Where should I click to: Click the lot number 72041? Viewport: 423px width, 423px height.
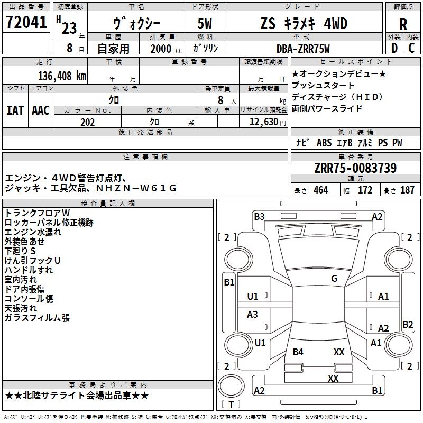coord(26,22)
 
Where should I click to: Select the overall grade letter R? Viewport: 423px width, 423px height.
coord(403,24)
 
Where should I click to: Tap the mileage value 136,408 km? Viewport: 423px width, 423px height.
coord(62,76)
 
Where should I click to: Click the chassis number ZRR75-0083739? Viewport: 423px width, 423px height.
coord(355,168)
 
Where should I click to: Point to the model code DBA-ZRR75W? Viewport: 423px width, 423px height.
coord(303,49)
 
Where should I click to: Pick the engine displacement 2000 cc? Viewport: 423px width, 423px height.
coord(166,49)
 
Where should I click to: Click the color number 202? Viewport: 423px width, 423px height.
coord(87,122)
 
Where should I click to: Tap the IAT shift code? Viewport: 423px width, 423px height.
coord(15,111)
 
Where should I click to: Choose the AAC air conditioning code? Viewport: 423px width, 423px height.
coord(41,111)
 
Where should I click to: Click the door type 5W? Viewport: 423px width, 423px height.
coord(205,23)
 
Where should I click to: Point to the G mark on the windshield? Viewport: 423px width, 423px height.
coord(334,279)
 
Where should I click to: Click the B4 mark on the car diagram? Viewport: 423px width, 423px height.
coord(298,352)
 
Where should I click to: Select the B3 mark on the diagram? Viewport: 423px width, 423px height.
coord(259,217)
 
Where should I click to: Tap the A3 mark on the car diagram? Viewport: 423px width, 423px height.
coord(252,314)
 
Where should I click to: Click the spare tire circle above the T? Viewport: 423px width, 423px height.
coord(231,386)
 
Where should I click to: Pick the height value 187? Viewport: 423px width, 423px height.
coord(407,190)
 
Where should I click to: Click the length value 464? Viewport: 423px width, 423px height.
coord(321,190)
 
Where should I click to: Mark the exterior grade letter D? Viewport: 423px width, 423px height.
coord(394,48)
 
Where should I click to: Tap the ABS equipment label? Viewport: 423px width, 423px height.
coord(324,143)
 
